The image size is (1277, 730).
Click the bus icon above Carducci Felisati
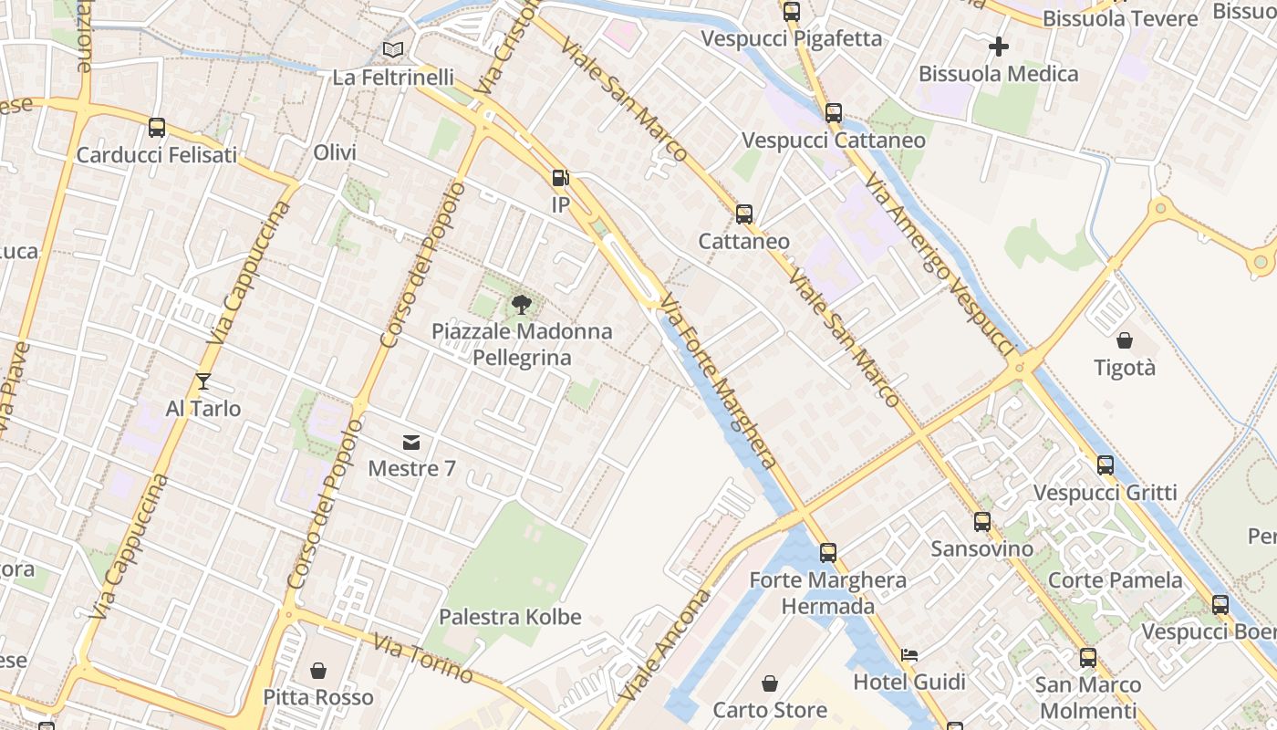(157, 128)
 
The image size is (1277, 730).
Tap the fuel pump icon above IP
(560, 178)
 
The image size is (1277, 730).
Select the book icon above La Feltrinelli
(393, 50)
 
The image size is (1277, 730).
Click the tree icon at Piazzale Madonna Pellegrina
(521, 304)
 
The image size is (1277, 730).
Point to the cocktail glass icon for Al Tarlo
(202, 381)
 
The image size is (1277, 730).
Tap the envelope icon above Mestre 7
(411, 443)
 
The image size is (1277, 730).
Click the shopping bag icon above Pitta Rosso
(318, 671)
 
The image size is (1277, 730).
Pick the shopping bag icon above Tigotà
(1125, 340)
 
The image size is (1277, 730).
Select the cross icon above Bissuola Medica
(999, 46)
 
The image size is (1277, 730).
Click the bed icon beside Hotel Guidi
(909, 654)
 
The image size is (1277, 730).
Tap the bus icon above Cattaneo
(744, 214)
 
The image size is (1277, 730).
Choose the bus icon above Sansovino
(981, 522)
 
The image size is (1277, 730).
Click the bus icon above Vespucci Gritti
(1106, 465)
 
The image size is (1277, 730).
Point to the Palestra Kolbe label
(510, 617)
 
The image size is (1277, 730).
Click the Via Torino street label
(423, 657)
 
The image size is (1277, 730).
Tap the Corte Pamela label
(1115, 580)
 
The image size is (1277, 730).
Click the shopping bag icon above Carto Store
(770, 683)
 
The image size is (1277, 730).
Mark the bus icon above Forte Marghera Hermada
(828, 553)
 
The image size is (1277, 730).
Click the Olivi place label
(335, 152)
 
